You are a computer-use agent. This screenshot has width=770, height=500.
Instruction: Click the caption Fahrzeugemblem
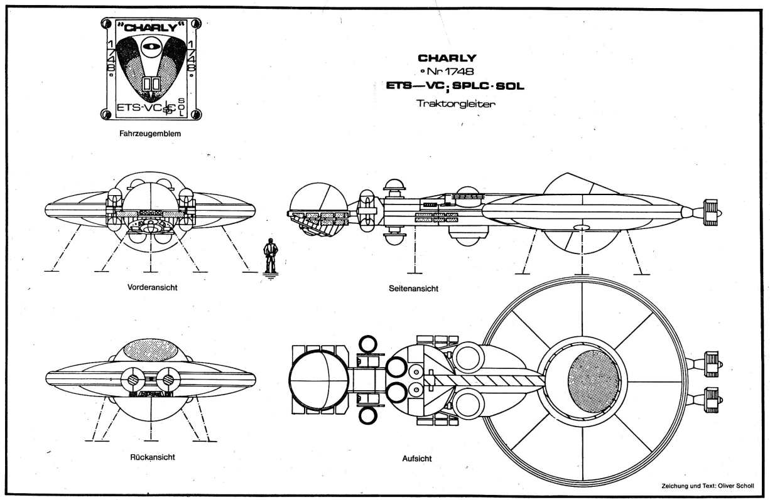click(x=149, y=133)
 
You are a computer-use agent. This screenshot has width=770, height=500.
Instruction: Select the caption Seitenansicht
click(x=413, y=289)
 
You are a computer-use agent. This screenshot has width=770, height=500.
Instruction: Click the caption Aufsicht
click(x=416, y=459)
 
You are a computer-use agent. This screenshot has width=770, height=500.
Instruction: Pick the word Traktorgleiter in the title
click(x=455, y=104)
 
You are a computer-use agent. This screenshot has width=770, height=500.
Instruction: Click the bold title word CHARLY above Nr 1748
click(x=455, y=58)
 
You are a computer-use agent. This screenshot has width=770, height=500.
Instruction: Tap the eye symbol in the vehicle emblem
click(x=150, y=46)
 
